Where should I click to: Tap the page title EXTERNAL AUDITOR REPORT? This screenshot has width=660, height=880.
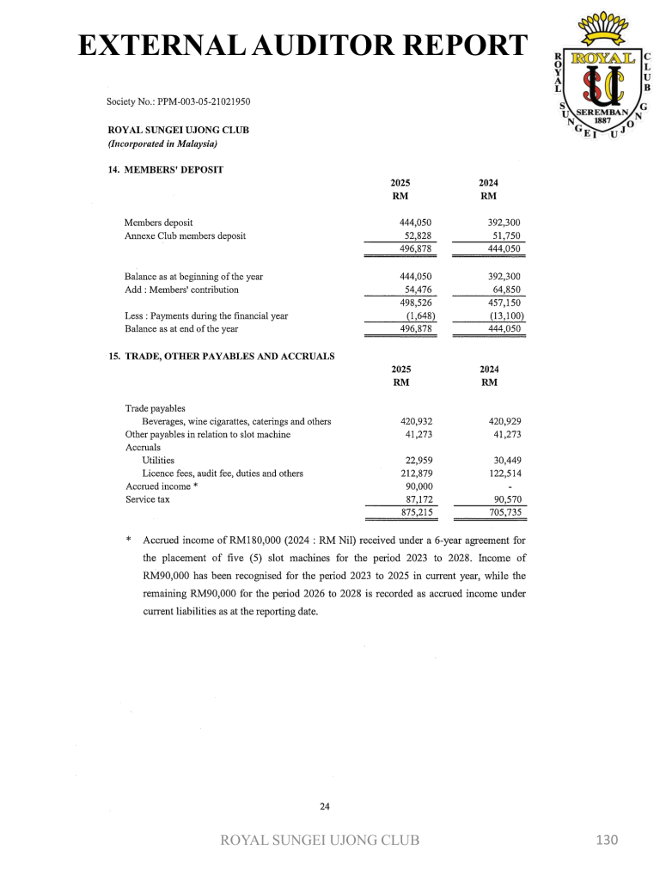tap(300, 45)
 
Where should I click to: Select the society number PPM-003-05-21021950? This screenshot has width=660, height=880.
tap(178, 101)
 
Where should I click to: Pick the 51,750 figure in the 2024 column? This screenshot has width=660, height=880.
tap(504, 235)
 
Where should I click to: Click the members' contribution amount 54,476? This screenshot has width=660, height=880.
tap(418, 290)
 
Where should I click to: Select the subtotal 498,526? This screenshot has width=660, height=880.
tap(416, 302)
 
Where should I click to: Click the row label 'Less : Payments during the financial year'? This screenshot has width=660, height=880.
tap(206, 315)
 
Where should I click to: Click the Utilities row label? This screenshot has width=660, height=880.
tap(158, 461)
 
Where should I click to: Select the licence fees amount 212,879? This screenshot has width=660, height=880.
tap(416, 474)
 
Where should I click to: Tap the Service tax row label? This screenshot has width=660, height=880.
tap(147, 499)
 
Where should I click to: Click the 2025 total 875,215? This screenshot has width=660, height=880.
tap(416, 512)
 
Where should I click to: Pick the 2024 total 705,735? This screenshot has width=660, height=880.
tap(504, 512)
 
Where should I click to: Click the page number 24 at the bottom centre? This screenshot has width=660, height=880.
tap(325, 806)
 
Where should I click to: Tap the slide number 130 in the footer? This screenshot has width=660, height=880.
tap(607, 840)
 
